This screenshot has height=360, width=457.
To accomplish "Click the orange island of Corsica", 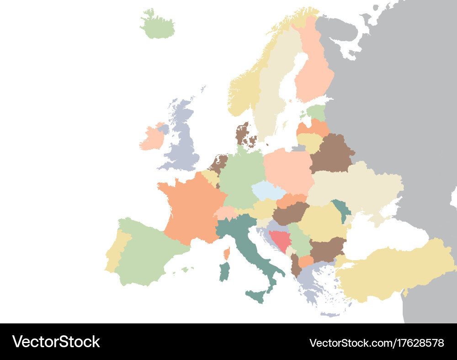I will coord(226,253).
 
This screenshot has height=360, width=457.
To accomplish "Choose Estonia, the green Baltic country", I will coord(316,112).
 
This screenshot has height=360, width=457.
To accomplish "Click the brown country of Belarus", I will coord(331,154).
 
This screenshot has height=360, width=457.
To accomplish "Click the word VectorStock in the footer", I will coord(56,342).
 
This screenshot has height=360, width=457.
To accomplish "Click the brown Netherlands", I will coord(218,163).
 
